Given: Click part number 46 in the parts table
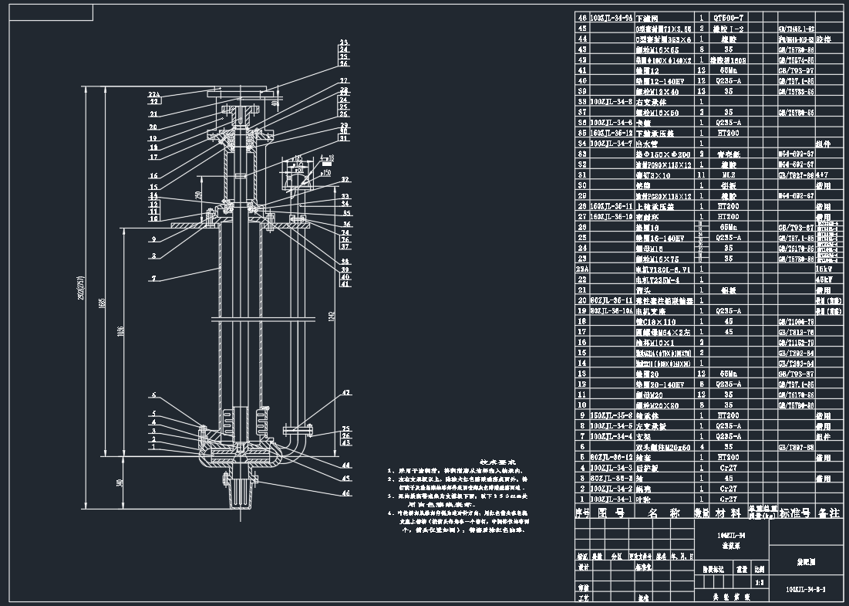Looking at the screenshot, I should click(582, 17).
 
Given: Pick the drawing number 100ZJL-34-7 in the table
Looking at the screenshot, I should click(611, 143).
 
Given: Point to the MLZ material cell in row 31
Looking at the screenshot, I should click(729, 174).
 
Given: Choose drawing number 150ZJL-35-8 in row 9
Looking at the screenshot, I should click(611, 415).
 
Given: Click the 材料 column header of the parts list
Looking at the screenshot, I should click(729, 513).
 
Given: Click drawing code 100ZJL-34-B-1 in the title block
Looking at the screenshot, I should click(805, 590).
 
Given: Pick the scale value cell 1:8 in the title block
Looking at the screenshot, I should click(760, 583).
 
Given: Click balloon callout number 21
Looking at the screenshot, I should click(153, 113).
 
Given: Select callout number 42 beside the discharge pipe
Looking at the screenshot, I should click(346, 392).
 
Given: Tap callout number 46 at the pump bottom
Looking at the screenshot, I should click(346, 493).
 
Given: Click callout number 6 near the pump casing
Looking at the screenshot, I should click(153, 395).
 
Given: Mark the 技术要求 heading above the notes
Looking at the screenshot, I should click(497, 461).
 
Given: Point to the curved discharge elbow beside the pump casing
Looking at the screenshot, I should click(297, 448).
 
